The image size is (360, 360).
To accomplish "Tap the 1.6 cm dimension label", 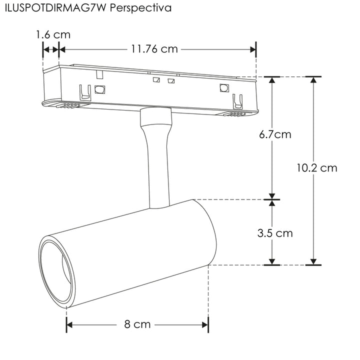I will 52,34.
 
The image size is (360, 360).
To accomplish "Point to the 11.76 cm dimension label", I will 154,49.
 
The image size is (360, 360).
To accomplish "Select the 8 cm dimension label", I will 137,324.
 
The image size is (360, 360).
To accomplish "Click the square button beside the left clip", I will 99,90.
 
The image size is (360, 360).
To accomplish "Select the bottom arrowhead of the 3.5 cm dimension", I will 272,261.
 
